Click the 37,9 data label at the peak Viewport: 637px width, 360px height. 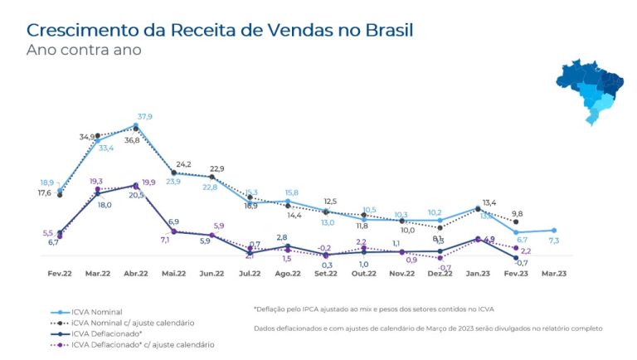(x=145, y=117)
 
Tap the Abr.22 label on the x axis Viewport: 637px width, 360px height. (x=136, y=274)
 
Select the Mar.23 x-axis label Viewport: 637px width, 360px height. (x=554, y=274)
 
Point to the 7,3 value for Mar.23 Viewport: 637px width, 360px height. (x=554, y=241)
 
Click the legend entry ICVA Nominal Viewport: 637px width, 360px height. (x=97, y=311)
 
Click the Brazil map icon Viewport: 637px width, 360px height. (x=591, y=90)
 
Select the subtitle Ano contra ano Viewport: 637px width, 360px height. (x=83, y=51)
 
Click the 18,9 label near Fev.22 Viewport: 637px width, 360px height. (x=47, y=182)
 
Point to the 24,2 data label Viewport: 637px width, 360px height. (x=183, y=164)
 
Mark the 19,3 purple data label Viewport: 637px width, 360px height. (x=96, y=181)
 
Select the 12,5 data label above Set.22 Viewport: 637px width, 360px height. (x=330, y=202)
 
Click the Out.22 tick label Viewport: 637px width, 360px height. (x=362, y=274)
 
